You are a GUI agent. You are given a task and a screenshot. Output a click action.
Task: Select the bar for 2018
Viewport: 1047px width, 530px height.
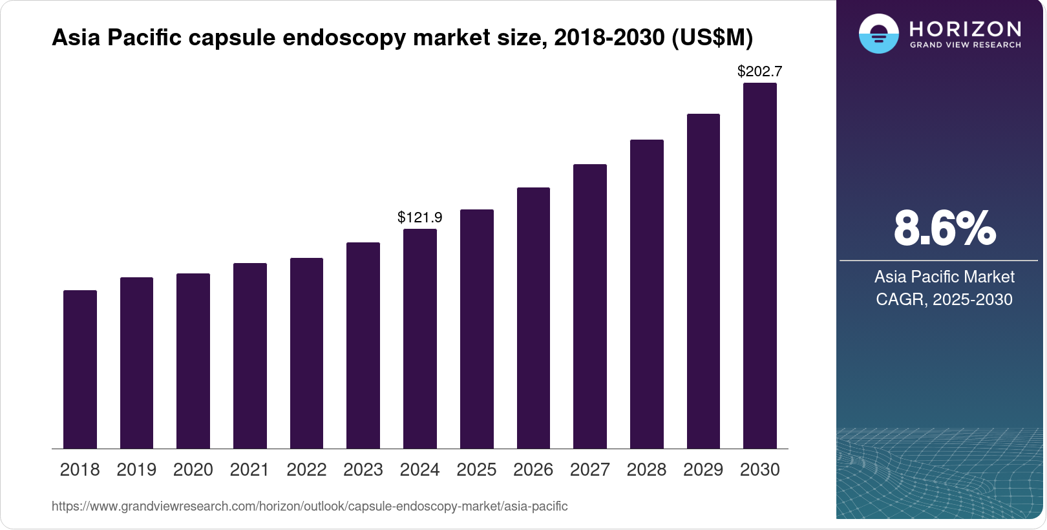point(80,369)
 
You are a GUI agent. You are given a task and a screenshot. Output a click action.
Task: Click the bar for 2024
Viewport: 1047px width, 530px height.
point(420,339)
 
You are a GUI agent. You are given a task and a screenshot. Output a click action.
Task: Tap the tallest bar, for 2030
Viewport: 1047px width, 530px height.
point(760,266)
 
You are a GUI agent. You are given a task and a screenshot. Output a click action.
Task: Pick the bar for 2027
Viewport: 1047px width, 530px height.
point(590,306)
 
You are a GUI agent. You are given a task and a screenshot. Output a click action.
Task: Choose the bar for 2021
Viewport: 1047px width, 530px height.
point(250,355)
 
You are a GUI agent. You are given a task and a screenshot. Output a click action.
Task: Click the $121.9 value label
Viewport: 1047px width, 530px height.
point(420,217)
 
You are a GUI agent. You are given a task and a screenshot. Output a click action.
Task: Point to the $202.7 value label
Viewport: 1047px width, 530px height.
point(760,71)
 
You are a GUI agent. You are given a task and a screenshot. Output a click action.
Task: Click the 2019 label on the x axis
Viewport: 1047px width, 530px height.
point(136,469)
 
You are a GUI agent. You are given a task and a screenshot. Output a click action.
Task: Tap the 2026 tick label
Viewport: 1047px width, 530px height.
point(533,469)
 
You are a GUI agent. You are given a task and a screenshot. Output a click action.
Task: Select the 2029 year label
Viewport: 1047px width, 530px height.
point(703,469)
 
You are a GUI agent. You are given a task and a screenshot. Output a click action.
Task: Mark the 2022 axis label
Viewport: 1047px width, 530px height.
point(306,469)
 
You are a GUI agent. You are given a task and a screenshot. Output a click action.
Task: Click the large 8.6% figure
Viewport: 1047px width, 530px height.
point(944,228)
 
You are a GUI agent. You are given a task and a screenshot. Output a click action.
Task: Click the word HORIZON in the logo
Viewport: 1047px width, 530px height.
point(965,28)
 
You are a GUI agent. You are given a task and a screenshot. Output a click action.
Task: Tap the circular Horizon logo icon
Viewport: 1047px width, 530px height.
point(879,34)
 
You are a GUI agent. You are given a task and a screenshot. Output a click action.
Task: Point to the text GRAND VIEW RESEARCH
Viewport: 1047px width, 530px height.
point(965,45)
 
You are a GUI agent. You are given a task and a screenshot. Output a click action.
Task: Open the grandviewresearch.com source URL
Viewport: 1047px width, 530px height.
point(310,506)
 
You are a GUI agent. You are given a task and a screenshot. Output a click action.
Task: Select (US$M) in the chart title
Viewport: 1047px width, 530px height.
point(712,37)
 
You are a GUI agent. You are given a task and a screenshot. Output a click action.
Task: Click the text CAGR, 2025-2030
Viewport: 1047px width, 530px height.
point(944,299)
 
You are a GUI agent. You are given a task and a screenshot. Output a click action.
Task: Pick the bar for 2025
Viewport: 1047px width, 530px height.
point(477,329)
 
